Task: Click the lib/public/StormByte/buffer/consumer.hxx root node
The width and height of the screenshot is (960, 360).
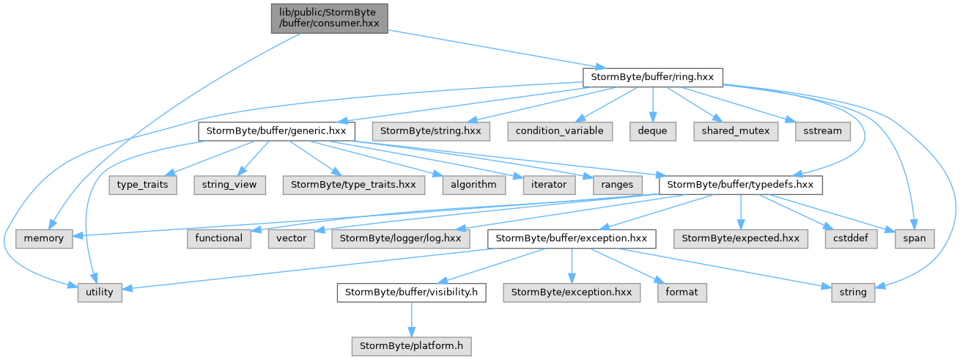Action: click(x=329, y=18)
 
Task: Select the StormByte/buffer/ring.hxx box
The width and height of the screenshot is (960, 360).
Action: click(x=652, y=77)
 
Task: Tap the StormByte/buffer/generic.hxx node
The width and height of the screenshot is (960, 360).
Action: click(x=276, y=131)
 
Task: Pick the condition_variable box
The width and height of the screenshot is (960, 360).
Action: click(x=560, y=131)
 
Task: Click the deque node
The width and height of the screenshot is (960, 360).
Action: click(x=653, y=131)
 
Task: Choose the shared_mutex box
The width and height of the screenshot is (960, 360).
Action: click(x=736, y=131)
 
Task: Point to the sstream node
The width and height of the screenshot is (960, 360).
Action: click(x=823, y=131)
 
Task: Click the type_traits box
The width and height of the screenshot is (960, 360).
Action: click(x=143, y=185)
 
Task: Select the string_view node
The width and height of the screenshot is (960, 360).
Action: click(x=229, y=185)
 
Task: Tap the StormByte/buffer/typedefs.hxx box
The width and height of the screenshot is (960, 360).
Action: click(x=741, y=185)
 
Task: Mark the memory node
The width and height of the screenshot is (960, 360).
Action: click(x=44, y=238)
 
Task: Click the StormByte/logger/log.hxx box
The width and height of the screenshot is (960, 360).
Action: click(x=401, y=238)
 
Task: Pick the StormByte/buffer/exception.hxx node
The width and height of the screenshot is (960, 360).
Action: click(x=572, y=238)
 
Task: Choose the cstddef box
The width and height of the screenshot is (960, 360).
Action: click(x=851, y=238)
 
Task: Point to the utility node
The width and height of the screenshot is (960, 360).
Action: click(x=100, y=293)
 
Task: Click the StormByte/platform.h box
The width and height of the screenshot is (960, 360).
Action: click(x=411, y=346)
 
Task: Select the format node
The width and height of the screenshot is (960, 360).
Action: click(x=682, y=293)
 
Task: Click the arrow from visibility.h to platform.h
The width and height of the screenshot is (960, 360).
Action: click(x=411, y=319)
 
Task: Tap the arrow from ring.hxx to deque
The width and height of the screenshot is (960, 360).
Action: click(x=653, y=105)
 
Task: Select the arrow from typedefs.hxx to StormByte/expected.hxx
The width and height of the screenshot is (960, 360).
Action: click(x=741, y=212)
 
